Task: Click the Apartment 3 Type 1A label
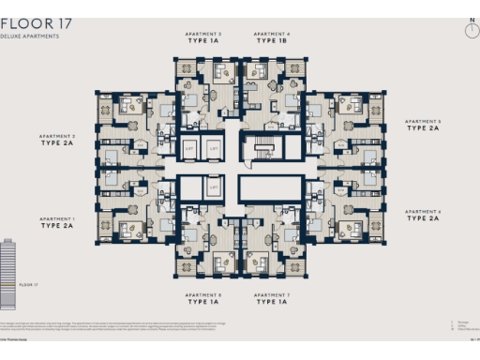pyautogui.click(x=202, y=38)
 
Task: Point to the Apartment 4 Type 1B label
pyautogui.click(x=271, y=38)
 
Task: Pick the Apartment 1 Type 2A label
pyautogui.click(x=57, y=223)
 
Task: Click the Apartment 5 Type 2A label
pyautogui.click(x=421, y=126)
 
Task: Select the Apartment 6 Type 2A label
pyautogui.click(x=421, y=216)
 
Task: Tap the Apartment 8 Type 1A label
pyautogui.click(x=202, y=299)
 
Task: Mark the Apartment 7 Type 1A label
pyautogui.click(x=271, y=299)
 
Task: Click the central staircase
pyautogui.click(x=261, y=148)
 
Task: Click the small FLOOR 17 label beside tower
pyautogui.click(x=29, y=282)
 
